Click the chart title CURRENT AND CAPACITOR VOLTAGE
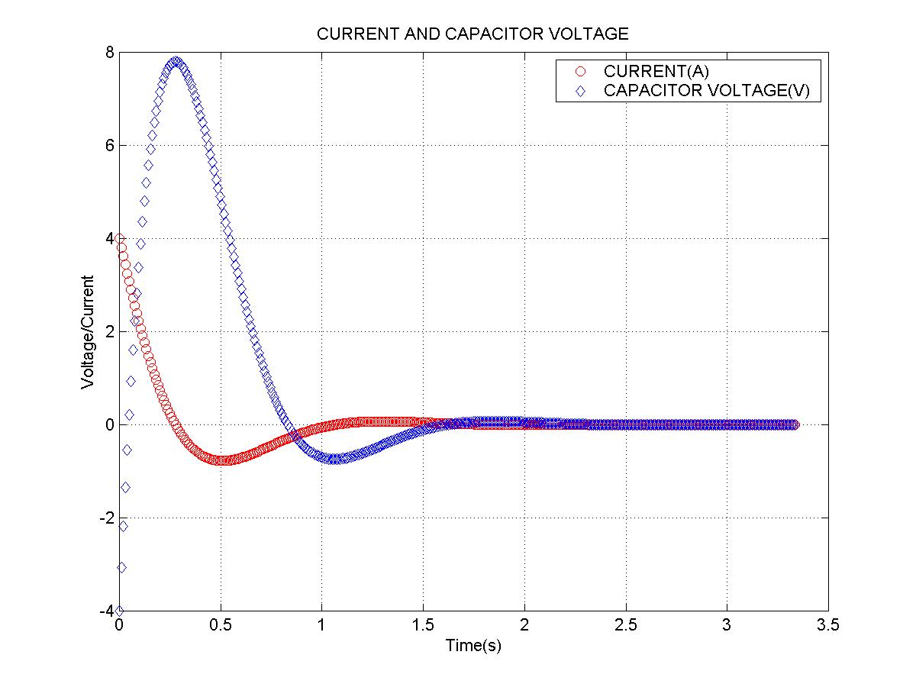473,34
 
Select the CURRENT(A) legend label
656,72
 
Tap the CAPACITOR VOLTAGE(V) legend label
706,91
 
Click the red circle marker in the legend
581,72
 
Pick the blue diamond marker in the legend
581,91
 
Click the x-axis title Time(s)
473,646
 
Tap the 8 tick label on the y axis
110,52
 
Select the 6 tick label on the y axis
110,145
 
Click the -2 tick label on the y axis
107,518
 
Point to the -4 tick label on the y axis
107,611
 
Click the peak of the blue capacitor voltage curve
176,62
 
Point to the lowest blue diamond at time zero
119,610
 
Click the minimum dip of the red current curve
221,460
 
